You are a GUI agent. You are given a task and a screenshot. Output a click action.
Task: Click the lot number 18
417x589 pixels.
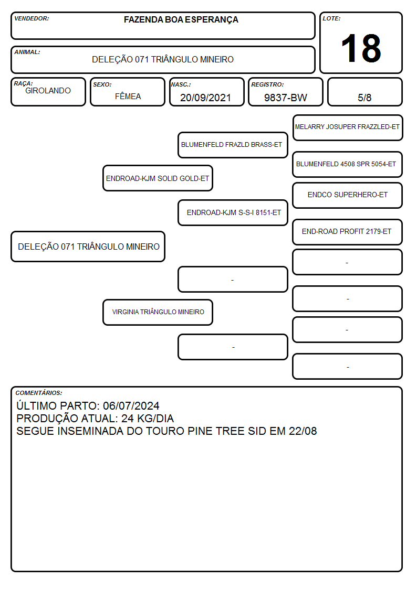click(361, 48)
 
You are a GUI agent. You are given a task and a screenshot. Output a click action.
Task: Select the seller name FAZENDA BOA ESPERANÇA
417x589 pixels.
click(181, 20)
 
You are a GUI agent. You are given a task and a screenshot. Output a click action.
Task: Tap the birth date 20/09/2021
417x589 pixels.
click(205, 98)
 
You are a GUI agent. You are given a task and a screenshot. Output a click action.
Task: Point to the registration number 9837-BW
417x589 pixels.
click(285, 98)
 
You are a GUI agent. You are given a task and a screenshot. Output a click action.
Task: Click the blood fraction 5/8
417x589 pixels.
click(364, 98)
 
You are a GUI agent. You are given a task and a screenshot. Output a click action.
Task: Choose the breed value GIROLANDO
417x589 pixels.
click(48, 91)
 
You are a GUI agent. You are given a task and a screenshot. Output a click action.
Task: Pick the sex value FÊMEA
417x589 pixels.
click(128, 96)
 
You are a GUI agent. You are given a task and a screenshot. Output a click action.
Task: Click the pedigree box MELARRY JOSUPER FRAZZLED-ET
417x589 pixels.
click(348, 128)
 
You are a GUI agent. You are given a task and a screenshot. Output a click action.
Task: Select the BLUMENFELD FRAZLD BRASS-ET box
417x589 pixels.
click(233, 145)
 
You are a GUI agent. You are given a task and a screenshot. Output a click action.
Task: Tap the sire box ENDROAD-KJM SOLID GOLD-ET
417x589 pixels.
click(158, 178)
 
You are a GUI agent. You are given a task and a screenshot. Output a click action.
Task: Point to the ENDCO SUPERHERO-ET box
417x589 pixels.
click(348, 195)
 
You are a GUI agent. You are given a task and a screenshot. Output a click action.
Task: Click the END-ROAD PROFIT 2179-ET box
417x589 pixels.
click(348, 232)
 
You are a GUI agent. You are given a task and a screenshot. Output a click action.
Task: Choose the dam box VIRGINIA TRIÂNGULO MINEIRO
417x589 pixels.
click(158, 312)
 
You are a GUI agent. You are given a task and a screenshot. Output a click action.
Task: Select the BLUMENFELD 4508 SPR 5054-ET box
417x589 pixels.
click(348, 165)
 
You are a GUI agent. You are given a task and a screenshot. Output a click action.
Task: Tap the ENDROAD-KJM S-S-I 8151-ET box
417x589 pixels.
click(233, 212)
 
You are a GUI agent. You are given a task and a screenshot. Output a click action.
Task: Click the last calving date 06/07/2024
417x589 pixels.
click(131, 406)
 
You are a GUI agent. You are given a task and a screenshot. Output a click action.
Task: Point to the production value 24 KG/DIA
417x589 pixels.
click(148, 419)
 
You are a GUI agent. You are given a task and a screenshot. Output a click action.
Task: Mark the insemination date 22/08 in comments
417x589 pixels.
click(303, 431)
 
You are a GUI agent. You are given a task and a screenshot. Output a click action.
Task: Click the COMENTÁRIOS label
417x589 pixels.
click(39, 393)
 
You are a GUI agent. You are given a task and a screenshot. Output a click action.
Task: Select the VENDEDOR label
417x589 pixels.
click(32, 18)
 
